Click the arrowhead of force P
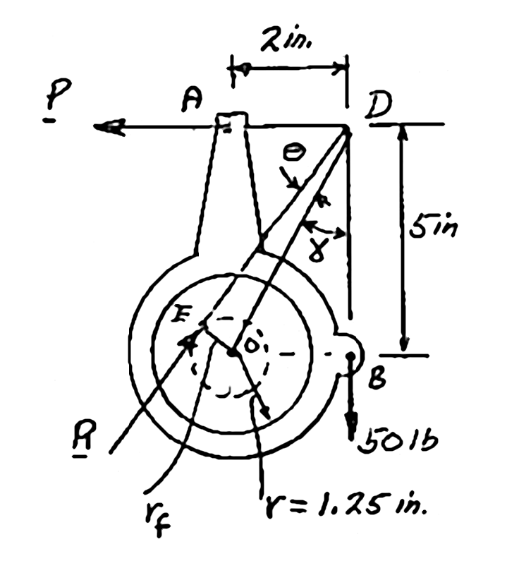point(106,127)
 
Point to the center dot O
point(232,351)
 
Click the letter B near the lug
point(377,378)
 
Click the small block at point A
point(231,121)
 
